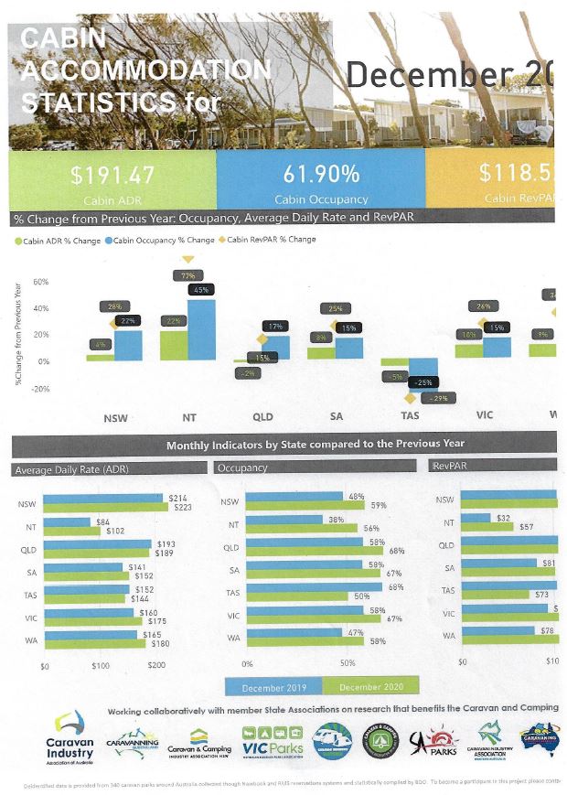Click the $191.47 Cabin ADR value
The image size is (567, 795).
click(112, 175)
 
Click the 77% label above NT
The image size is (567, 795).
click(188, 274)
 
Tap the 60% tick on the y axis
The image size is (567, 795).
click(41, 282)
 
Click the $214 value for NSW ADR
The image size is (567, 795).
click(178, 497)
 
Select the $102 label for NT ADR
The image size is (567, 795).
click(116, 531)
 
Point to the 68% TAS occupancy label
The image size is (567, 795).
click(395, 586)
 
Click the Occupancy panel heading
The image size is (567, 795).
click(242, 468)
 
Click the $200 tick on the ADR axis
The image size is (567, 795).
click(156, 665)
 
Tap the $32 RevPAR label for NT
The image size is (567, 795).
click(502, 518)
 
